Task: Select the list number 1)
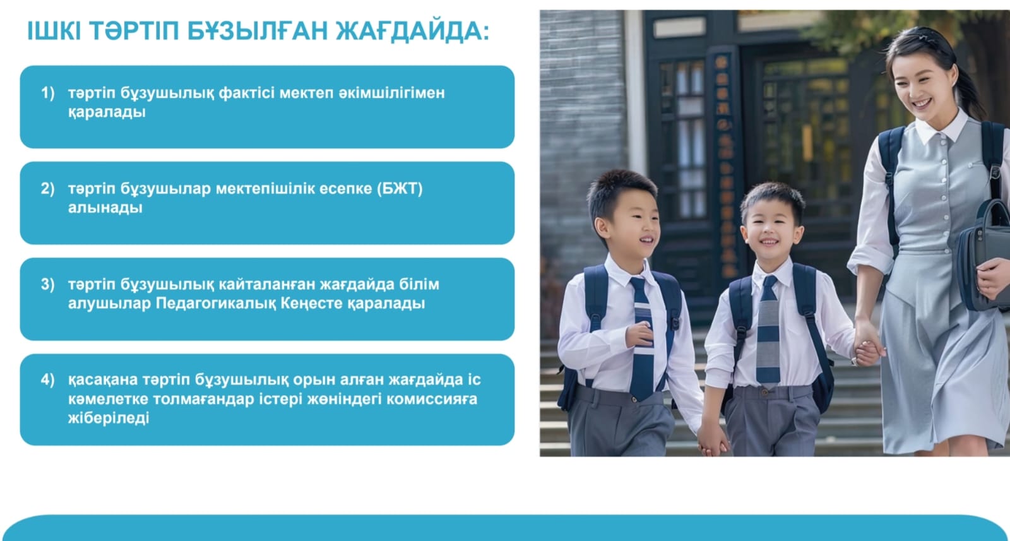[x=48, y=93]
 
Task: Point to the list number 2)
[x=48, y=189]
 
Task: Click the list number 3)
[x=48, y=285]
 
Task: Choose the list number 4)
[x=48, y=379]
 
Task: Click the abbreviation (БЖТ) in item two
[x=400, y=189]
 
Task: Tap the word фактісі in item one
[x=247, y=93]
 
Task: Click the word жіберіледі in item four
[x=109, y=419]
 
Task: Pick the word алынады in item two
[x=105, y=208]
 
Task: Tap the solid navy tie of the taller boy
[x=641, y=338]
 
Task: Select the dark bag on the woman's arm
[x=983, y=257]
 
